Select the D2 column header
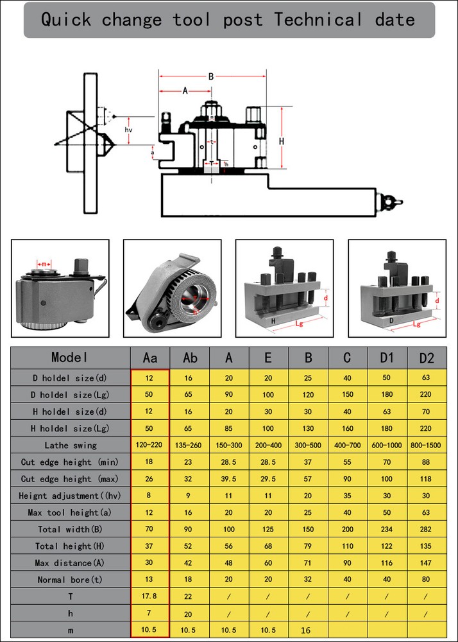click(427, 358)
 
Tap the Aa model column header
click(149, 358)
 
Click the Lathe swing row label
click(71, 445)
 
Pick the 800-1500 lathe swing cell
click(427, 445)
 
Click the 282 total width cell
click(427, 530)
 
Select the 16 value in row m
click(305, 630)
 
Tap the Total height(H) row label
click(71, 546)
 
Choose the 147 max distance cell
click(427, 563)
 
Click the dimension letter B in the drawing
click(211, 76)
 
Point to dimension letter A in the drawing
click(185, 91)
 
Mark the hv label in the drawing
click(129, 130)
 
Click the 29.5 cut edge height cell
click(268, 479)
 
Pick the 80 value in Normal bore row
click(427, 580)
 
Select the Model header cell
click(71, 358)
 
